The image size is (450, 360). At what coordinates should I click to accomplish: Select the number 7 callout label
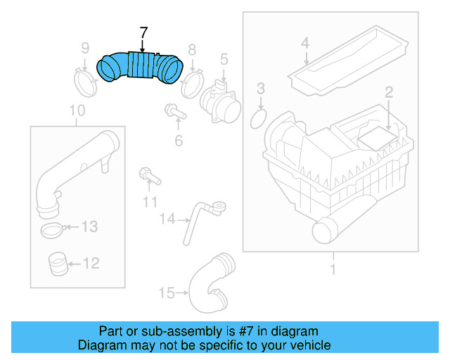click(x=143, y=33)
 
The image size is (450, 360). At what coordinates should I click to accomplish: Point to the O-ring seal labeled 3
click(x=259, y=118)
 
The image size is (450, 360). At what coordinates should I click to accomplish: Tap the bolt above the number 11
click(x=148, y=174)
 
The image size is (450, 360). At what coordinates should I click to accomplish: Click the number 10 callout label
click(x=77, y=110)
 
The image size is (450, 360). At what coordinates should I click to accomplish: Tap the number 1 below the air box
click(x=333, y=269)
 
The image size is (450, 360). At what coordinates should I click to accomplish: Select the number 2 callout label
click(x=387, y=91)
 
